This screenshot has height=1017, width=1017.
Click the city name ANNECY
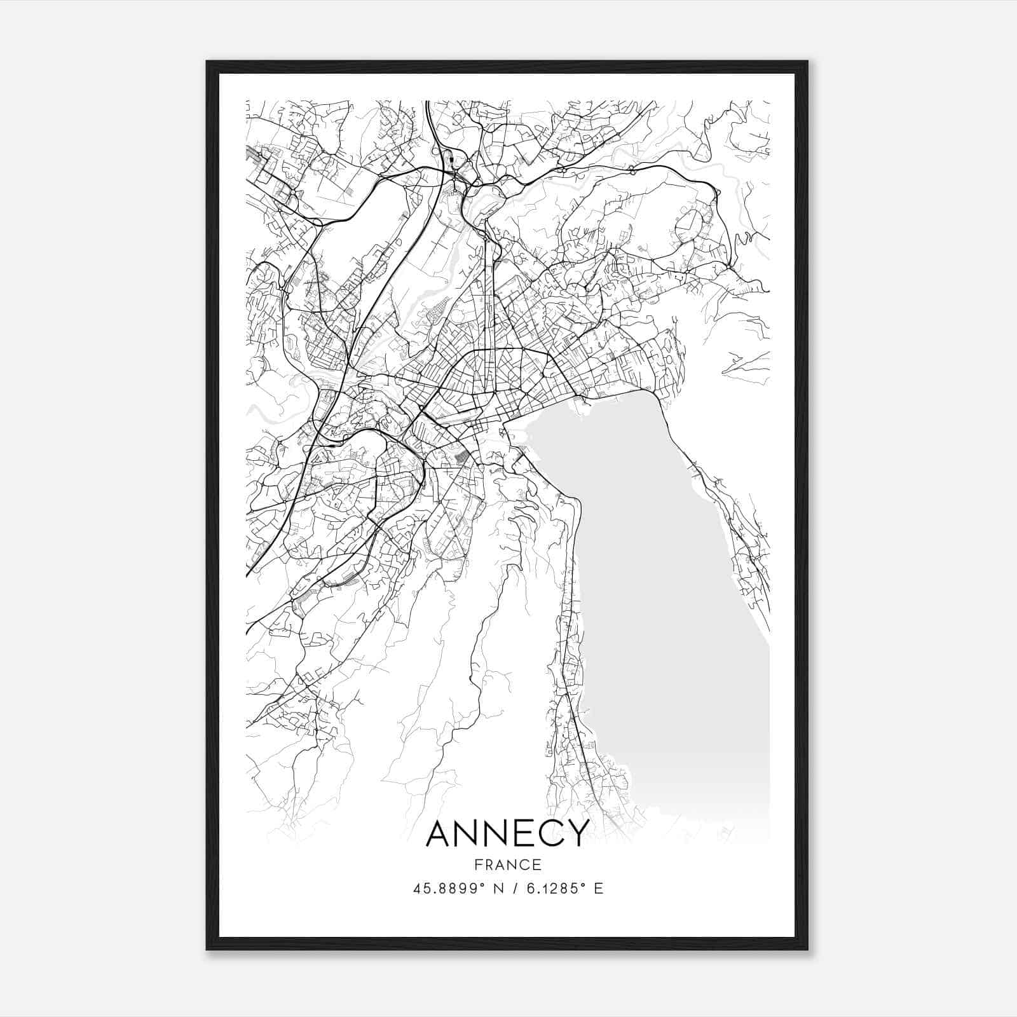tap(507, 833)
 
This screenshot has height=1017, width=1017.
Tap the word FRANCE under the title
tap(507, 865)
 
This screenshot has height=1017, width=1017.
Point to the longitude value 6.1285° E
tap(563, 889)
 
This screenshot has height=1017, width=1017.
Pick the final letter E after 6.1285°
tap(598, 889)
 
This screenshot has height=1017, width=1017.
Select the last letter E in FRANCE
tap(538, 865)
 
